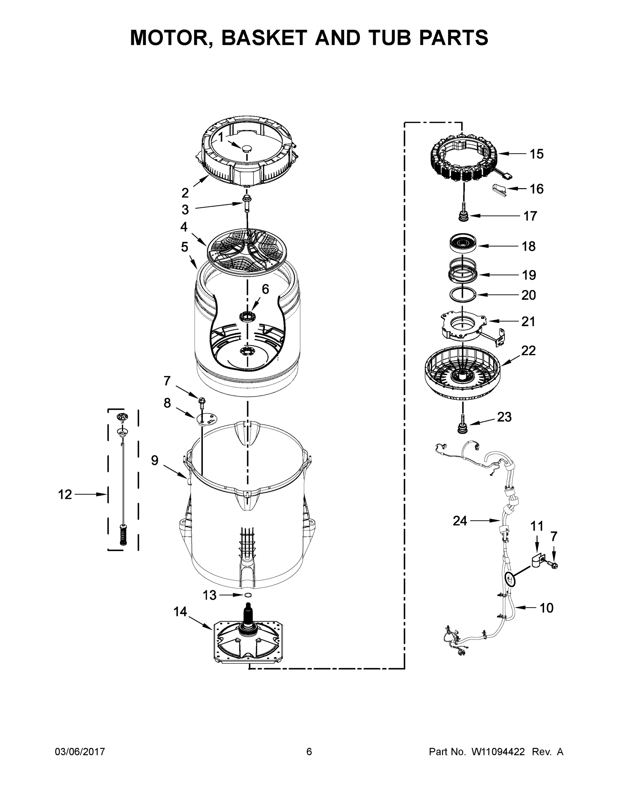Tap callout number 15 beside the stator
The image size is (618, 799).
(x=536, y=154)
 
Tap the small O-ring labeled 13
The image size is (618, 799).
(x=248, y=595)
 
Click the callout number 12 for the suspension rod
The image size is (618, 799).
(x=65, y=495)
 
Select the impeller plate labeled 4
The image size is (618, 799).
(x=247, y=249)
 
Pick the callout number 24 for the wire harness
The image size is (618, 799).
(x=460, y=521)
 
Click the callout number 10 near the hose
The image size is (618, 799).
(x=546, y=608)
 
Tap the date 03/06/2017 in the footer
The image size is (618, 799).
(x=80, y=752)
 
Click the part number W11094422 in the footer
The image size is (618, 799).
(x=498, y=752)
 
